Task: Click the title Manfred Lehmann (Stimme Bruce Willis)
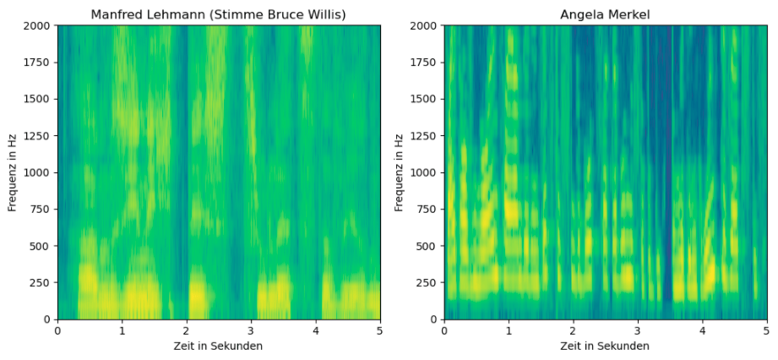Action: [x=219, y=14]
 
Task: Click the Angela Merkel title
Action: [x=605, y=14]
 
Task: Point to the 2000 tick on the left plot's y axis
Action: [x=39, y=25]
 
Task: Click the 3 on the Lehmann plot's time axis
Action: [x=251, y=331]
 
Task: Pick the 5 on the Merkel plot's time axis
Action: [x=766, y=331]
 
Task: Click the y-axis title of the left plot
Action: [x=13, y=172]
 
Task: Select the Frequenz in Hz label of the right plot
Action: [x=400, y=172]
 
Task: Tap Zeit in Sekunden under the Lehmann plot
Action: [x=219, y=346]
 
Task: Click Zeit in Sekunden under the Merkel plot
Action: [x=605, y=346]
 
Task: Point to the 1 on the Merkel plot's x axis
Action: [x=509, y=331]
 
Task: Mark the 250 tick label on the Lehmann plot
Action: [x=42, y=282]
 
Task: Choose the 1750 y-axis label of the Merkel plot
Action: [x=426, y=63]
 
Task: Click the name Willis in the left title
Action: [x=324, y=14]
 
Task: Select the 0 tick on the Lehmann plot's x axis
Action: [x=57, y=331]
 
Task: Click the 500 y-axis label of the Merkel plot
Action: [x=429, y=246]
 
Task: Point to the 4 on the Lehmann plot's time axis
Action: [x=315, y=331]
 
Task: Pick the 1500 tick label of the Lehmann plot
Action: [x=39, y=99]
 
